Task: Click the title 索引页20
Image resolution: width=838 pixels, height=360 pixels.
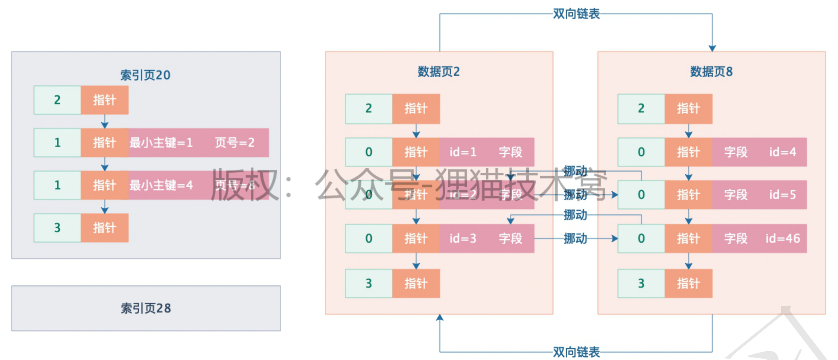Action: coord(145,75)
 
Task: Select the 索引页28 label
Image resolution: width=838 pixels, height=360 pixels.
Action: coord(146,308)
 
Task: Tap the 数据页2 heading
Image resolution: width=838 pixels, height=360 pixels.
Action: coord(439,71)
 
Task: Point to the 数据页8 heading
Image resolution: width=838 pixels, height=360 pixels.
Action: coord(711,71)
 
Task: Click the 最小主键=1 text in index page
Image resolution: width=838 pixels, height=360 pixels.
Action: coord(161,142)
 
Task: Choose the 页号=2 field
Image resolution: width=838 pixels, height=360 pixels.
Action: coord(235,142)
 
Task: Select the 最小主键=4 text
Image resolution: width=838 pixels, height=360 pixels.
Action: coord(161,185)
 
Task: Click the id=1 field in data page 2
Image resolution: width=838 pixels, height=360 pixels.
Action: coord(463,152)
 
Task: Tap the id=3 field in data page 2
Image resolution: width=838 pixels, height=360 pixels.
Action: coord(463,238)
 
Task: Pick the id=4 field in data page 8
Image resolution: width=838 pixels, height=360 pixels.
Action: coord(783,152)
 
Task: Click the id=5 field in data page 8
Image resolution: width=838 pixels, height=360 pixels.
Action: coord(783,195)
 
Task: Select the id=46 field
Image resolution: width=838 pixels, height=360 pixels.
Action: coord(783,238)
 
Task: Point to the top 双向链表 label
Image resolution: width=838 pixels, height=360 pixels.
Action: coord(576,14)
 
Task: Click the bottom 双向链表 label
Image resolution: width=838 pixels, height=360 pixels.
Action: coord(576,352)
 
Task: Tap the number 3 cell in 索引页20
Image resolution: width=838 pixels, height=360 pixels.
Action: coord(57,228)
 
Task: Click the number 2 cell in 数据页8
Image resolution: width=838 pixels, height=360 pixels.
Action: coord(641,109)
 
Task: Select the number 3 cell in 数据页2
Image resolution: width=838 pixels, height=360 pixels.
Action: coord(369,283)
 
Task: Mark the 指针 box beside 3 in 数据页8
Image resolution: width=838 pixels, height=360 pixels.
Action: coord(688,283)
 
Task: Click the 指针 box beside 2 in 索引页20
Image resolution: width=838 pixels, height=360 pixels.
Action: coord(105,100)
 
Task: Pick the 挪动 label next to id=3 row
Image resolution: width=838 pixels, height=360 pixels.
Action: coord(575,239)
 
